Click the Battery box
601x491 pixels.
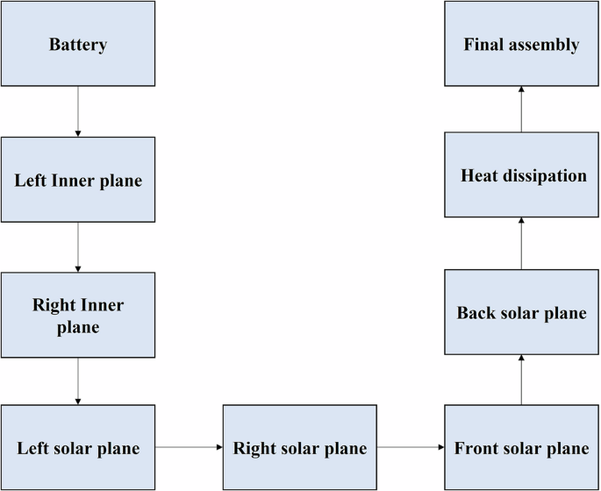(x=78, y=44)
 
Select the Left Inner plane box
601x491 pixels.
(x=78, y=180)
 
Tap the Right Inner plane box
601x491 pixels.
(x=78, y=316)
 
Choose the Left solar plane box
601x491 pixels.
(x=78, y=448)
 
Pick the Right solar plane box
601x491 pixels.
(x=300, y=448)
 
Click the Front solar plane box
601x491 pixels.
(x=521, y=448)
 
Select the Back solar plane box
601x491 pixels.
(x=521, y=313)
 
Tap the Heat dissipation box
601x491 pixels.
(x=521, y=175)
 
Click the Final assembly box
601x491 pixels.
(x=521, y=44)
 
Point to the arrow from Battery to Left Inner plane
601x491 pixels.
(x=78, y=111)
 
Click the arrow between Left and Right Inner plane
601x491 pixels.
(x=78, y=247)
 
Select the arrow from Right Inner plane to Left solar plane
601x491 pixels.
(x=78, y=381)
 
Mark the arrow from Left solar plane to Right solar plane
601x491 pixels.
(x=189, y=447)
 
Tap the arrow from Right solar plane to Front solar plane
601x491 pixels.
(x=411, y=447)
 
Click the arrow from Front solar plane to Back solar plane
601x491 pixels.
(x=521, y=380)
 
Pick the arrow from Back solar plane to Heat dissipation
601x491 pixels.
(x=521, y=244)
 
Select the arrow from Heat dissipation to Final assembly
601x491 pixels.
(x=521, y=110)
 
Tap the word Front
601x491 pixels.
(x=476, y=449)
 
